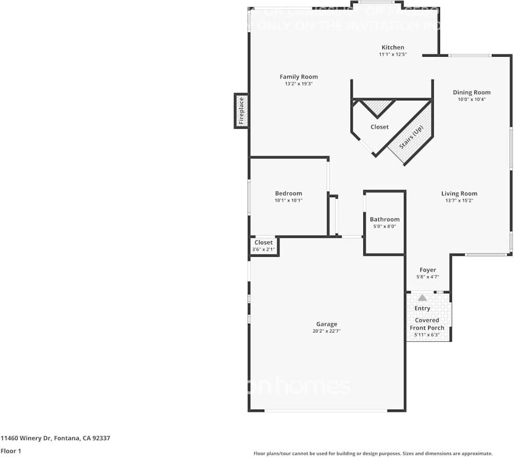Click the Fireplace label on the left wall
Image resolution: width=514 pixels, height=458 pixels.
pos(241,111)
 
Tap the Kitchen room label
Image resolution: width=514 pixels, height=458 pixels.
pos(393,47)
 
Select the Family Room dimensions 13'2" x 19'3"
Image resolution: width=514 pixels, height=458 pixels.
pos(299,83)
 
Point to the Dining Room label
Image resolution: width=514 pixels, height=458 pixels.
pos(471,93)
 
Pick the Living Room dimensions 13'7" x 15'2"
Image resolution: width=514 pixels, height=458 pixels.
pos(459,201)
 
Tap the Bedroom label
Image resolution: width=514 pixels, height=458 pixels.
pos(288,193)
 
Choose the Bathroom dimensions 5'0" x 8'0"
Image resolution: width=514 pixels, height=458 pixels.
pos(384,226)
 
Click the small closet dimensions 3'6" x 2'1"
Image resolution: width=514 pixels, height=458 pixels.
pos(264,250)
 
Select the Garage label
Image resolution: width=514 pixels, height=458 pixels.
pos(327,324)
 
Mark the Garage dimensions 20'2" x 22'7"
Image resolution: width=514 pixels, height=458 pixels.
pos(327,331)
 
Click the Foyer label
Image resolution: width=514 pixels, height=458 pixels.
pos(428,270)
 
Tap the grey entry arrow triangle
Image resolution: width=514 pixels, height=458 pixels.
pos(423,298)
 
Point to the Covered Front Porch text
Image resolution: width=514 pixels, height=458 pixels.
pos(427,324)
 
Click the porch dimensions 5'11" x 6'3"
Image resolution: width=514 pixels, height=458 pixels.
pos(427,335)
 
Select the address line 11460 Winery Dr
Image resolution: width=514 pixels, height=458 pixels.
pos(55,438)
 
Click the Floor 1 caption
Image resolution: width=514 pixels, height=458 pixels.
pos(11,451)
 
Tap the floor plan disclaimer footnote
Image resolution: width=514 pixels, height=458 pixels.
pos(373,453)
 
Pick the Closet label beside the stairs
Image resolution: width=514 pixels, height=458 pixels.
pos(380,127)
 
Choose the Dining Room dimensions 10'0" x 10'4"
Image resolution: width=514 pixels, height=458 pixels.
pos(471,99)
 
